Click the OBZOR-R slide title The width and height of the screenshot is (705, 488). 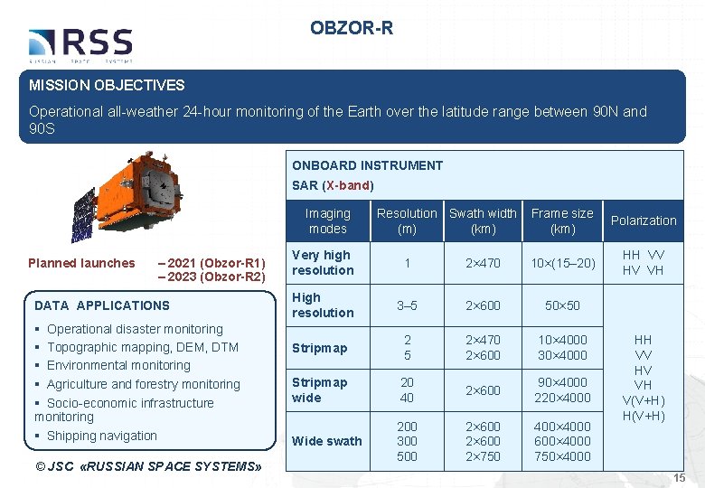[x=352, y=28]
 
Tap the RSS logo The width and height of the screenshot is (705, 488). [x=80, y=44]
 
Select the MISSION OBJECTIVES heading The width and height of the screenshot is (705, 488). [x=107, y=86]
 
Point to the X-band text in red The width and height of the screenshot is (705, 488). [x=347, y=185]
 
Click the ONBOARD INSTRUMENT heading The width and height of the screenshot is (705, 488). [x=367, y=165]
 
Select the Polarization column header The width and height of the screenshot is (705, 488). [x=643, y=221]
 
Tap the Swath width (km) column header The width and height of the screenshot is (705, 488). [x=483, y=221]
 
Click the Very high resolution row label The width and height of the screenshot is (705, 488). [x=322, y=262]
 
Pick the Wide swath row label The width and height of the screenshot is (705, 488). [x=326, y=441]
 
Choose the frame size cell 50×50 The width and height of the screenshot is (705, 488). [x=561, y=305]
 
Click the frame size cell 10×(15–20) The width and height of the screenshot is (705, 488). [x=561, y=263]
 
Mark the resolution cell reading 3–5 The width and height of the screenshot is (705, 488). [x=407, y=305]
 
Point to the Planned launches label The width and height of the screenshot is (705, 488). [x=81, y=263]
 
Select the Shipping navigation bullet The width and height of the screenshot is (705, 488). [x=101, y=436]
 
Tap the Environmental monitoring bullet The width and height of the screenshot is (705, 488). [x=118, y=365]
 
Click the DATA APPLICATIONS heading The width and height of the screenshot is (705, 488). [x=101, y=305]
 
